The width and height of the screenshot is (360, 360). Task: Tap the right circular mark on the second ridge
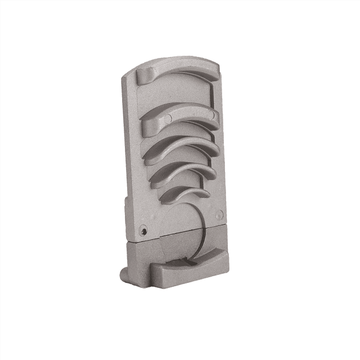pos(212,116)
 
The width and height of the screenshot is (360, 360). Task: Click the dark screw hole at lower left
pos(145,231)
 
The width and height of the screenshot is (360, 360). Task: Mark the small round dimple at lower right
pos(219,214)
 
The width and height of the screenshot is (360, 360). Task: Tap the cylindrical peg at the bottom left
pos(123,273)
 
